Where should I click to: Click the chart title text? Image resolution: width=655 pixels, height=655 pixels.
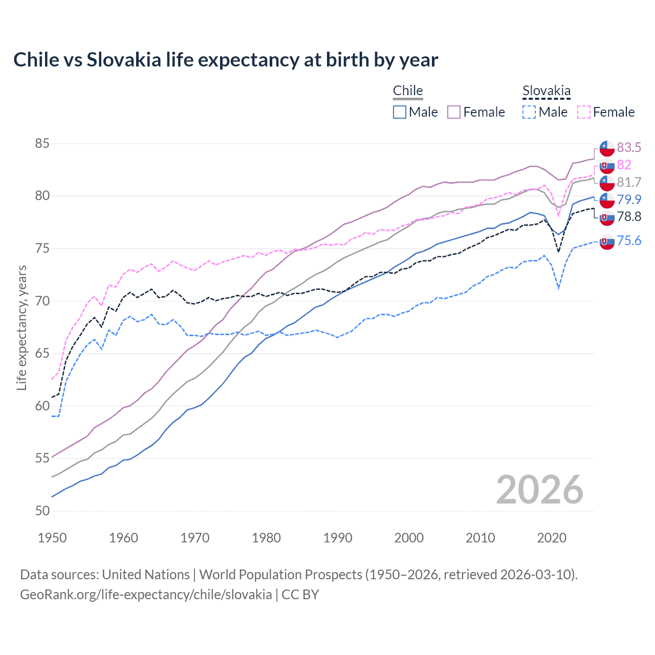coord(226,60)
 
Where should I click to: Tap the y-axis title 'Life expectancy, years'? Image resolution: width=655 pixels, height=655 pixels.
coord(21,327)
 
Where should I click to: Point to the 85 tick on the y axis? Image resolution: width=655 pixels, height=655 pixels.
coord(42,144)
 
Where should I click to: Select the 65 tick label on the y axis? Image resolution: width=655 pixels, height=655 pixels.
coord(42,354)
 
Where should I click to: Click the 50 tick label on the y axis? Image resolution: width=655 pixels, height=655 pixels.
coord(42,511)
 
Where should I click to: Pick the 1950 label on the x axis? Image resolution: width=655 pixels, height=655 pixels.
coord(52,538)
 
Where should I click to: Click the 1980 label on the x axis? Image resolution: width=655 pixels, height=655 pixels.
coord(266,538)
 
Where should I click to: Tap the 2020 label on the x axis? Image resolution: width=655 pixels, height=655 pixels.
coord(552,538)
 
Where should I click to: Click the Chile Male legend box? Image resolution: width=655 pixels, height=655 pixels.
coord(400,112)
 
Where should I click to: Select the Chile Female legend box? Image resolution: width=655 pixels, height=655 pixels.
coord(454,112)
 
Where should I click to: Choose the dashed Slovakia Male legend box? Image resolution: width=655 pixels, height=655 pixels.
coord(529,112)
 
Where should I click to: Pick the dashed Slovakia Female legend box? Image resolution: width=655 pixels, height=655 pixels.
coord(583,112)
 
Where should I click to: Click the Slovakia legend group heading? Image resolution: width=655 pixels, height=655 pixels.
coord(546,91)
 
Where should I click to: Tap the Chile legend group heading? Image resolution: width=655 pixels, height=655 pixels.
coord(408,91)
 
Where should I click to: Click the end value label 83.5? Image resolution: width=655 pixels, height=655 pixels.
coord(629,147)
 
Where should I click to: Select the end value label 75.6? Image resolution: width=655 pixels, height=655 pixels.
coord(629,241)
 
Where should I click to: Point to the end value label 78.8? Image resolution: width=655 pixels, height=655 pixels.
coord(629,217)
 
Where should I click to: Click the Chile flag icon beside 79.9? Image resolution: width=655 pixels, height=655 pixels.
coord(607,200)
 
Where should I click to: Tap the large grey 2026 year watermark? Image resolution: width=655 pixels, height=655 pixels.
coord(539,490)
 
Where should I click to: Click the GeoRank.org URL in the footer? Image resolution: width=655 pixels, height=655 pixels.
coord(146,595)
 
